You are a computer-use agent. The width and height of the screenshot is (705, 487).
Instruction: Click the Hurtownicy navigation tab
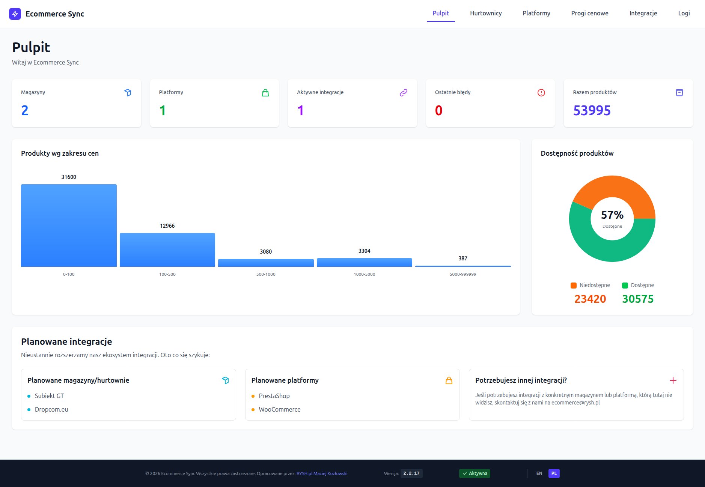(485, 14)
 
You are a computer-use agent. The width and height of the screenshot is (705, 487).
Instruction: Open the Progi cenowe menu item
(589, 14)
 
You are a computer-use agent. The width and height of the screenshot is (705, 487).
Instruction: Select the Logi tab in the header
(684, 14)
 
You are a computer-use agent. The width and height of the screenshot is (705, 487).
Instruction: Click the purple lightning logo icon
(15, 14)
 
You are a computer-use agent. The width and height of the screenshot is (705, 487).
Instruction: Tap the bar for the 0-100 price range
(69, 225)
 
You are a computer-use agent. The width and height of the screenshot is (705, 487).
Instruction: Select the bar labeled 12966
(167, 250)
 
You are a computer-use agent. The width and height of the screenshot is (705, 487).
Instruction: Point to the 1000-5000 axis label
(364, 274)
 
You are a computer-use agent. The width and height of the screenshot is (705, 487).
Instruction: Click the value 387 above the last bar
(462, 259)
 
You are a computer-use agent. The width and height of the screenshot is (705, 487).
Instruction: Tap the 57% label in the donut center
(612, 215)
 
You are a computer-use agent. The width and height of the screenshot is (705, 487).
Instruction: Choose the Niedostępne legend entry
(590, 285)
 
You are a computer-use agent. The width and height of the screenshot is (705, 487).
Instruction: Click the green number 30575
(637, 299)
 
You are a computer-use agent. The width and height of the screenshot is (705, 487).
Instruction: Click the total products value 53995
(592, 110)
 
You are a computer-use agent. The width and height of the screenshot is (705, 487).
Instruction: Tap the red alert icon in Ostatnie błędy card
(541, 93)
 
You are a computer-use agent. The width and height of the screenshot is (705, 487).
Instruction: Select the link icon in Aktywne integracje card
(403, 93)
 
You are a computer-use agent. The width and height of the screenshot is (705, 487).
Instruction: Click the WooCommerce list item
(279, 409)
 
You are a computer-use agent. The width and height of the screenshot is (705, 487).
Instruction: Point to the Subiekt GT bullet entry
(49, 396)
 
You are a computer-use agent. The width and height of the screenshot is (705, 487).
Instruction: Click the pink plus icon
(673, 380)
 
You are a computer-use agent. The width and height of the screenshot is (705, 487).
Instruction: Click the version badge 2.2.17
(411, 473)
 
